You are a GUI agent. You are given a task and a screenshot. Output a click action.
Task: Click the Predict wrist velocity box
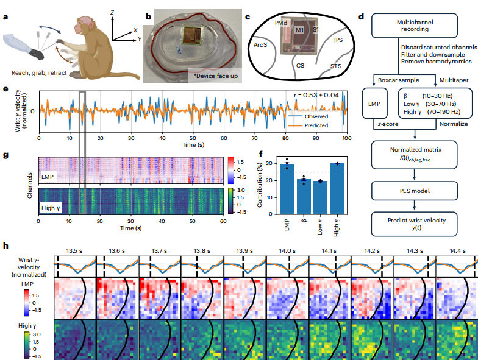[x=415, y=224]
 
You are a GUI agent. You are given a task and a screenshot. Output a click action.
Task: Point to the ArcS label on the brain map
[x=260, y=45]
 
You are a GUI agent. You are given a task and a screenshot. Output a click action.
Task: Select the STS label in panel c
[x=336, y=65]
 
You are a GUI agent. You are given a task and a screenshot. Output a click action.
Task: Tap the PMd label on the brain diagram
[x=282, y=22]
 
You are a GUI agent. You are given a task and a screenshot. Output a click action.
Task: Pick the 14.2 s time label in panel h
[x=373, y=250]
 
